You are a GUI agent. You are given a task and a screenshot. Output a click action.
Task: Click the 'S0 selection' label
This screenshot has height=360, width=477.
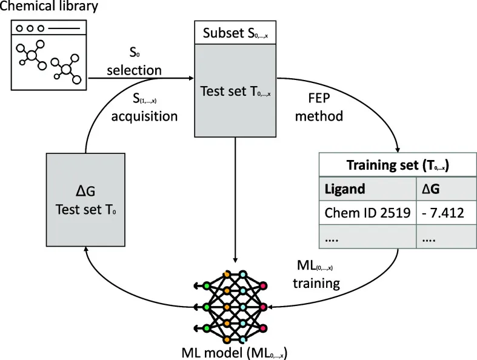click(134, 63)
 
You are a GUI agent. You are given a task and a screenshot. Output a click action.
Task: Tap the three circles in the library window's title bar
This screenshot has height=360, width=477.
click(30, 28)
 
